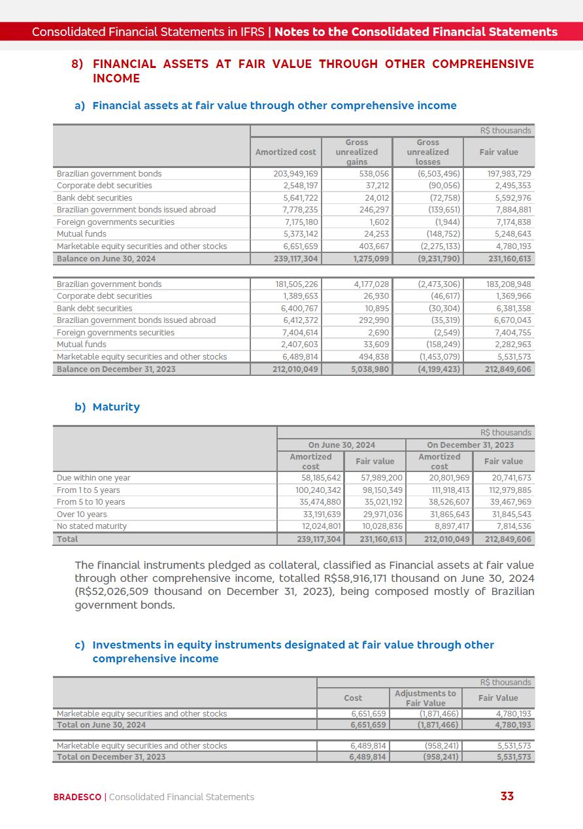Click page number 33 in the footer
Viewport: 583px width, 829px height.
[507, 796]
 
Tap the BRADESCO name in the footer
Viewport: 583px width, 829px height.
[77, 797]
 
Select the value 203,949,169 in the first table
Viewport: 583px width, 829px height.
[295, 174]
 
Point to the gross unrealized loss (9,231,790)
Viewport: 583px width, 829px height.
[439, 259]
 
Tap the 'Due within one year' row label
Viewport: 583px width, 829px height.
[93, 478]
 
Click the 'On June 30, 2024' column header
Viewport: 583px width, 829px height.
[342, 445]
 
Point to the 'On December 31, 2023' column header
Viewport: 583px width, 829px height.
[470, 445]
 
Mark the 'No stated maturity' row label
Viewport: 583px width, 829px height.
[92, 526]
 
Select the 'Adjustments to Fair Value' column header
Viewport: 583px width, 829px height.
[425, 698]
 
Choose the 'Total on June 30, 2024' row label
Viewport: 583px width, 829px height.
[101, 725]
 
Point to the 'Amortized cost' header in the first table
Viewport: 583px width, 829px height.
[286, 152]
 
